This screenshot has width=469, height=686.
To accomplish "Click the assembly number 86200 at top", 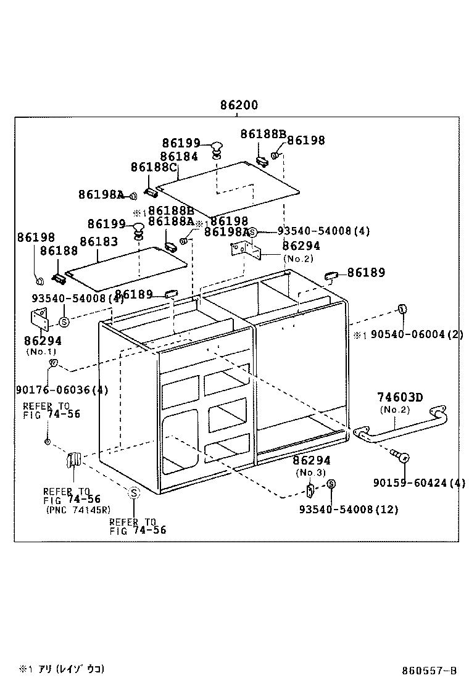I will tap(239, 105).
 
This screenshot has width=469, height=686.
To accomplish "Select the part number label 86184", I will tap(179, 157).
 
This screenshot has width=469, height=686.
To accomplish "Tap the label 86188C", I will tap(153, 167).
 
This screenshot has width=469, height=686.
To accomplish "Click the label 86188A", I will tap(171, 221).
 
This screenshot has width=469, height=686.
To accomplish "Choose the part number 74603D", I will tap(400, 398).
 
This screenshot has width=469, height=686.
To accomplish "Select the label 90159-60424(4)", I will tap(419, 482).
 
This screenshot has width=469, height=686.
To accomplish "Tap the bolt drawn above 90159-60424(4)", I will tap(400, 457).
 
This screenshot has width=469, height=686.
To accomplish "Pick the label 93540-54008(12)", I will tap(348, 509).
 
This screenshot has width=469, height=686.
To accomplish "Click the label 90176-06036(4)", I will tap(62, 390).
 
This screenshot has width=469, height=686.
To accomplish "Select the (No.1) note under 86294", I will tap(41, 352).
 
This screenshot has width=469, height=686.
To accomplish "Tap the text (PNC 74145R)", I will tap(78, 510).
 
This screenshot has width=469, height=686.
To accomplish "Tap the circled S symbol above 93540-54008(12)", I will tap(331, 484).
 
